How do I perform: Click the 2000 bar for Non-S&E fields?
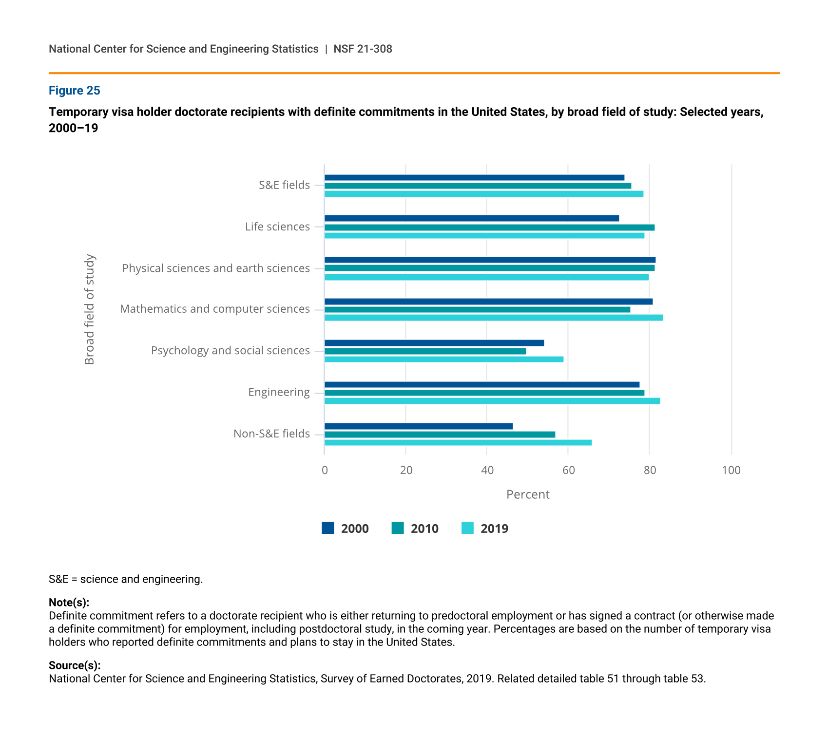click(419, 426)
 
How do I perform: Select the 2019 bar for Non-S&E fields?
click(458, 443)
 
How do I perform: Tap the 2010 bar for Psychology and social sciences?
click(425, 351)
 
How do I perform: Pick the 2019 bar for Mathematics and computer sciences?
click(494, 318)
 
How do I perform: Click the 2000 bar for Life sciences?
click(472, 218)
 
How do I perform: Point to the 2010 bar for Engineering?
click(484, 393)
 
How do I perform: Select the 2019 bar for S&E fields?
click(484, 194)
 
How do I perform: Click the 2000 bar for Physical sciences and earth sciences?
click(490, 260)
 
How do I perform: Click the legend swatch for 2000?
click(328, 528)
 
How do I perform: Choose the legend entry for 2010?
click(415, 529)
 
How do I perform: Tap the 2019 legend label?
click(494, 529)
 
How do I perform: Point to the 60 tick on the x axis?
click(568, 470)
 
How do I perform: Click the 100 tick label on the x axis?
click(731, 470)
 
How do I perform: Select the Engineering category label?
click(279, 392)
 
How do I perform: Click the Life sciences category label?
click(277, 227)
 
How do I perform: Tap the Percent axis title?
click(528, 494)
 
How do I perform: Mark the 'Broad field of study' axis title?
click(90, 309)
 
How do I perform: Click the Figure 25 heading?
click(75, 91)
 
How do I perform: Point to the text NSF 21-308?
click(363, 49)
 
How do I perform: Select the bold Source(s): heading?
click(75, 665)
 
